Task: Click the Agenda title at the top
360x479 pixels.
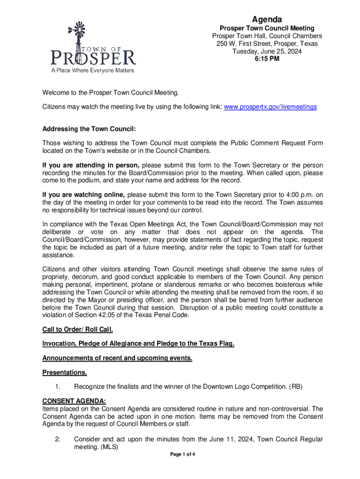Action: pyautogui.click(x=267, y=19)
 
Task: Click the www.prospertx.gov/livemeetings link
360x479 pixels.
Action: pyautogui.click(x=270, y=107)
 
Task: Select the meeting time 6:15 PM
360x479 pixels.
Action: pyautogui.click(x=267, y=59)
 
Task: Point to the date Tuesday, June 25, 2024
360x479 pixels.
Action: pyautogui.click(x=267, y=51)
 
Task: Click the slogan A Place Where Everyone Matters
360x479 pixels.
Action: pyautogui.click(x=92, y=71)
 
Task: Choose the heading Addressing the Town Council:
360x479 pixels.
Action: pyautogui.click(x=89, y=129)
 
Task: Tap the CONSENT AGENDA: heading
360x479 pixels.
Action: pyautogui.click(x=74, y=401)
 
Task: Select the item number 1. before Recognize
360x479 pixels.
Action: pyautogui.click(x=58, y=386)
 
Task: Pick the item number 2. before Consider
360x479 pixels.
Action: pyautogui.click(x=58, y=439)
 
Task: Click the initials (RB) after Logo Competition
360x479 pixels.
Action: pyautogui.click(x=296, y=386)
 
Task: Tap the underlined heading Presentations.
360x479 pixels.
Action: pyautogui.click(x=65, y=373)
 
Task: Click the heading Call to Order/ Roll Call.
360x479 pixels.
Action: pyautogui.click(x=78, y=329)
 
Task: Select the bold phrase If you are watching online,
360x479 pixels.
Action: pyautogui.click(x=84, y=195)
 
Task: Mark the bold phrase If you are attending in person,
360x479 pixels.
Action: pyautogui.click(x=91, y=165)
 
